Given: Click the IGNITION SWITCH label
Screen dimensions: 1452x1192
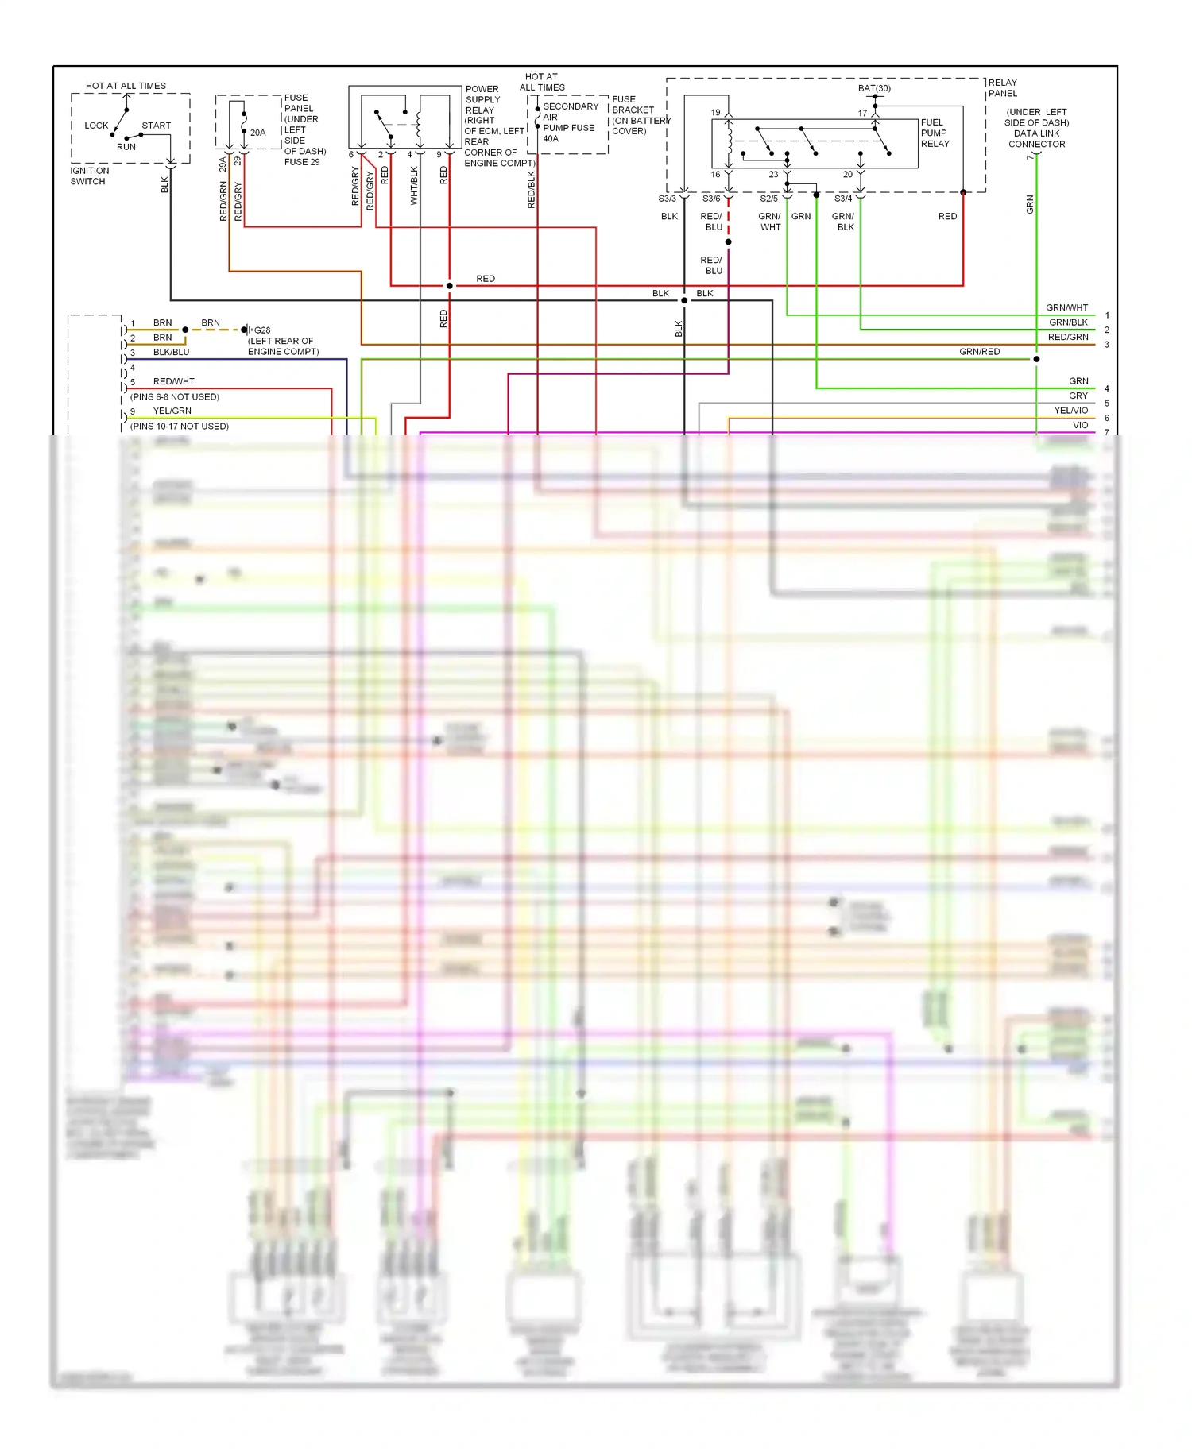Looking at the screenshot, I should point(89,176).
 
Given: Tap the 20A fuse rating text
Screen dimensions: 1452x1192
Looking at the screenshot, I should point(257,133).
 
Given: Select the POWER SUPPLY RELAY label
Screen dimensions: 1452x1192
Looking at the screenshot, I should point(482,99).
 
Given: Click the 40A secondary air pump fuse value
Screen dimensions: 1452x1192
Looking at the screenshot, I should point(551,138).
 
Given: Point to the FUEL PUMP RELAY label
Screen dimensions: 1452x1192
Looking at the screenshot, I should point(935,133).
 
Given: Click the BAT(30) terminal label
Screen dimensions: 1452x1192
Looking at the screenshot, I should point(874,88).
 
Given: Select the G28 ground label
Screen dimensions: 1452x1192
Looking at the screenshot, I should point(262,330).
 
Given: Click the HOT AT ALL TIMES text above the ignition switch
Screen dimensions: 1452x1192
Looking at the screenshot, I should point(126,86).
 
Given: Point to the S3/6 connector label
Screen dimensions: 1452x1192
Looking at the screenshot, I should point(711,199).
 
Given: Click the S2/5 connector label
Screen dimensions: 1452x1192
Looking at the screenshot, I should point(768,199).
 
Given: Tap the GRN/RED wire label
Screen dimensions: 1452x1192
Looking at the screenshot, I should point(979,352).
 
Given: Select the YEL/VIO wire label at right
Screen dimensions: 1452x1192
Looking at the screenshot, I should point(1070,411).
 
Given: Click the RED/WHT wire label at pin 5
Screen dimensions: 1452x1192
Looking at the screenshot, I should point(173,381).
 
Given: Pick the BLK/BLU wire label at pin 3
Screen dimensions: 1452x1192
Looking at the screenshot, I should point(171,352).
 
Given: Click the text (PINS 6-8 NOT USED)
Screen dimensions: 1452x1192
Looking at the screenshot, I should point(175,396).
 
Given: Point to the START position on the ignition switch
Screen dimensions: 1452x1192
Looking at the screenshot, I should point(156,126).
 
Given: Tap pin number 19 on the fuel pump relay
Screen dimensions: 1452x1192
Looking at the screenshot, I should point(715,113).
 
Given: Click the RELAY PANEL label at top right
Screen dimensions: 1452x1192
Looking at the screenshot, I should point(1002,87).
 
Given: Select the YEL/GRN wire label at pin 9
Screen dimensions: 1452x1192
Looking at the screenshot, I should point(172,411).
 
